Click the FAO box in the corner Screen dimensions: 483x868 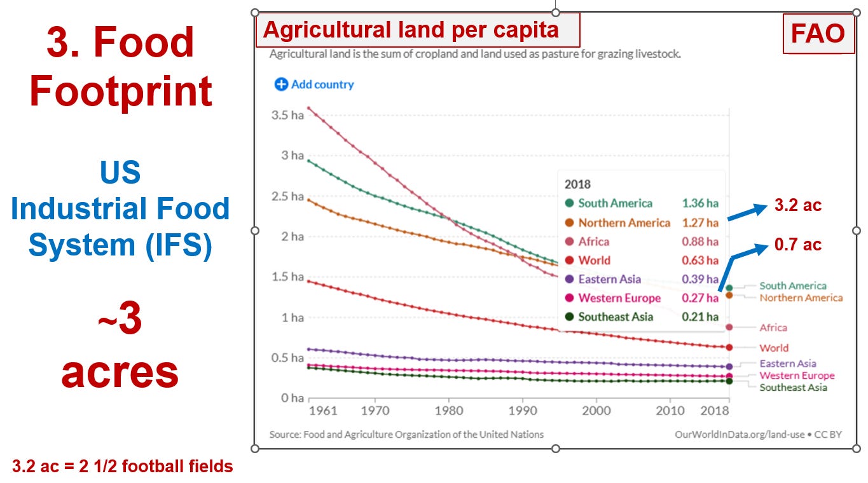coord(817,33)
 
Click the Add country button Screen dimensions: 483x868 coord(314,85)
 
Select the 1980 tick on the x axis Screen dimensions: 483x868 coord(449,411)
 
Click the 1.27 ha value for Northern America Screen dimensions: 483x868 coord(699,222)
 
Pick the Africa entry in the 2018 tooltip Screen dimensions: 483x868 coord(593,241)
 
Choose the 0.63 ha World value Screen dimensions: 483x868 coord(699,261)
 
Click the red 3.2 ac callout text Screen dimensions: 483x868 coord(797,205)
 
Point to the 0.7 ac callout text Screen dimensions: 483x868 coord(797,244)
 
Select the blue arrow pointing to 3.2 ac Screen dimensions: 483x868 coord(747,212)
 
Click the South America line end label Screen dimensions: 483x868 coord(792,286)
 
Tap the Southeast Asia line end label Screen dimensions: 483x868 coord(793,388)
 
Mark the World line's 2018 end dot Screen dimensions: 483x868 coord(729,347)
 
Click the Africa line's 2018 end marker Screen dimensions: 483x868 coord(729,327)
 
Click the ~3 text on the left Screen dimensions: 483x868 coord(120,320)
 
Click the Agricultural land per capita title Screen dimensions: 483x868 coord(411,30)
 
